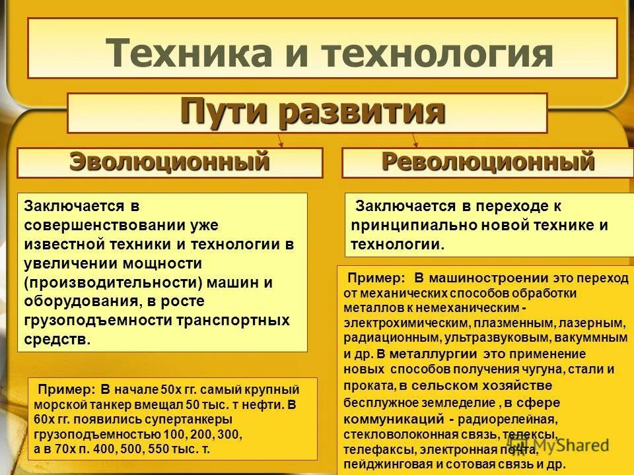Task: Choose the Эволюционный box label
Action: [170, 162]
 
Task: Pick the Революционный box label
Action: [487, 162]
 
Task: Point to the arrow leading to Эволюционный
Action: [281, 140]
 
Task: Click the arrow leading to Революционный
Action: [415, 140]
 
